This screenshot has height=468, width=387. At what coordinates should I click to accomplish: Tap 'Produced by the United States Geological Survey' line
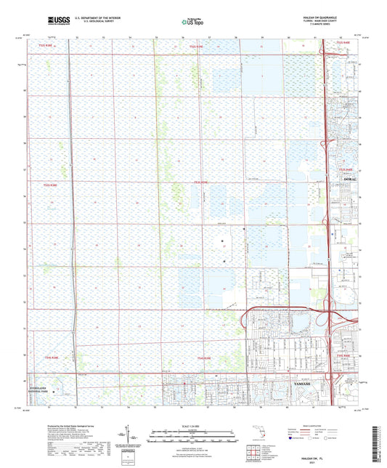(76, 424)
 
